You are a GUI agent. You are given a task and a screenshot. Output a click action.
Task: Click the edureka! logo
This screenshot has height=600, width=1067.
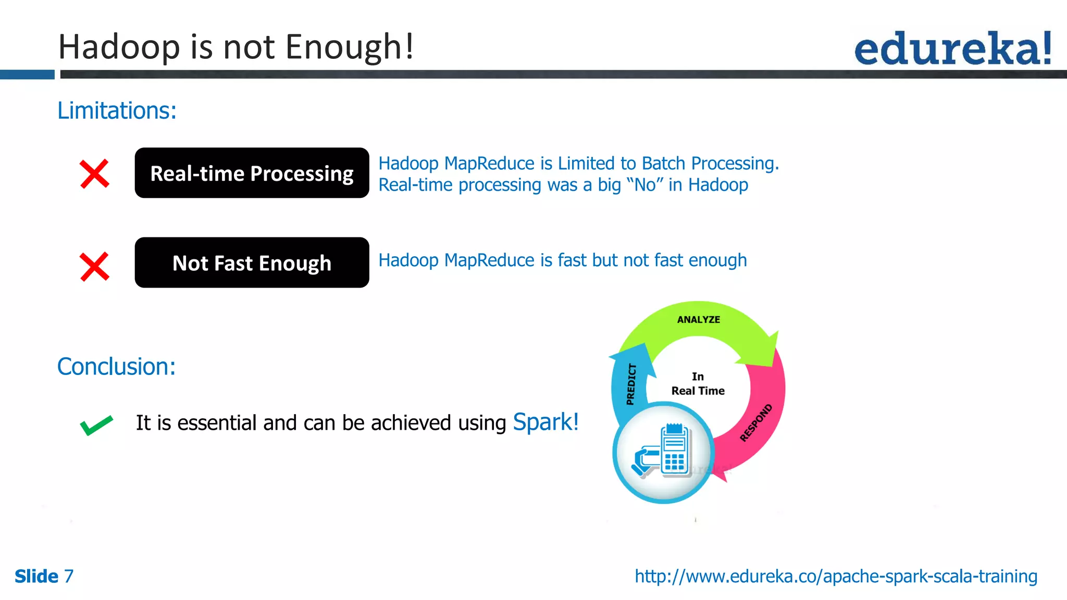click(952, 48)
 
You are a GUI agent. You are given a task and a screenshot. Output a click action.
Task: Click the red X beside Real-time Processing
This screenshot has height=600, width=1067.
click(94, 173)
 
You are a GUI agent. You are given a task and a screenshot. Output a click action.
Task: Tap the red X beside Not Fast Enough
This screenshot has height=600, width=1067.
click(94, 266)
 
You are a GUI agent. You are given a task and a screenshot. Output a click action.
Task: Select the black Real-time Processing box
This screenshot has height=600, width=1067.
click(252, 173)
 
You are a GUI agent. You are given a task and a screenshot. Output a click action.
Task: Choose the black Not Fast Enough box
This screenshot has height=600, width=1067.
click(252, 262)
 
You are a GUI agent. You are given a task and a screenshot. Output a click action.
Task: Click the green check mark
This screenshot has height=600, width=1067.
click(96, 425)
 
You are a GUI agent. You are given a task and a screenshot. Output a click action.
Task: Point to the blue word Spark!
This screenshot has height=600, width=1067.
click(545, 422)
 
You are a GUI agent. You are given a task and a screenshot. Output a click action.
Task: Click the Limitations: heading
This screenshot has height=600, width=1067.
click(117, 110)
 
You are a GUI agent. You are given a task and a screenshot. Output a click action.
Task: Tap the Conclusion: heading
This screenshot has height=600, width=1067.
click(116, 367)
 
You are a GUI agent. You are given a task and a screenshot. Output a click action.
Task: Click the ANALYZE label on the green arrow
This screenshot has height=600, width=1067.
click(698, 320)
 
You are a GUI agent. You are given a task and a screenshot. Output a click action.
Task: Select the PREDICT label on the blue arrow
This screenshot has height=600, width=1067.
click(631, 384)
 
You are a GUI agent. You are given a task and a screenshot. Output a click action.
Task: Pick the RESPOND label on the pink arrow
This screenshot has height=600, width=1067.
click(755, 422)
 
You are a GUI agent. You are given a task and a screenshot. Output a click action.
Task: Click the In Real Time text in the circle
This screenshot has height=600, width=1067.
click(698, 384)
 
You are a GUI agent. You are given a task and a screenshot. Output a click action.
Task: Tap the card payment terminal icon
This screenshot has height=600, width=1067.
click(663, 452)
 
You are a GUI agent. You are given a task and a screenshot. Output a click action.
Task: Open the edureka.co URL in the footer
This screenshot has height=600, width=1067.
click(836, 576)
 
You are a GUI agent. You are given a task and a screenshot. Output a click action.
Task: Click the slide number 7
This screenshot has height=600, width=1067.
click(69, 577)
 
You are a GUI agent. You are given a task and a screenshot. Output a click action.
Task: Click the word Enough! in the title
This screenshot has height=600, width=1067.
click(350, 47)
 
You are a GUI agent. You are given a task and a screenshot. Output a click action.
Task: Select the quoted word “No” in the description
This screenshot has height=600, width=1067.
click(645, 185)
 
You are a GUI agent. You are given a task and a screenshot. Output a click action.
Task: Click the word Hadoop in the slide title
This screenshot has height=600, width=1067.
click(119, 47)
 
